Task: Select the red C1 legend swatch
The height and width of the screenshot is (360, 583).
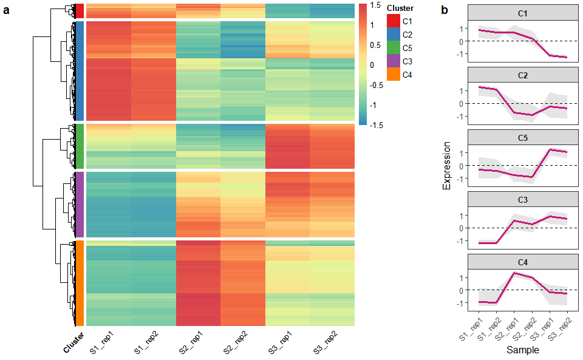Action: (x=394, y=21)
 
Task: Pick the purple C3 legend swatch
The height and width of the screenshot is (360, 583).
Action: (x=394, y=61)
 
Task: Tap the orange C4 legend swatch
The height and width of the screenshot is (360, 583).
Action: (x=394, y=75)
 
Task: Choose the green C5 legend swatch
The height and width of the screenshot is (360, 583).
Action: (x=394, y=48)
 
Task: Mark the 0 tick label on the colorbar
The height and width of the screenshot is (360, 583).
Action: (x=372, y=65)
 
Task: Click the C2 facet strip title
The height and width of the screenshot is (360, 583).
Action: (x=523, y=76)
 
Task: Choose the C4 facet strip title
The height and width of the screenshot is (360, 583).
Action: (x=523, y=262)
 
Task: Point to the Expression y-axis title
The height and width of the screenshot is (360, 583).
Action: (x=447, y=166)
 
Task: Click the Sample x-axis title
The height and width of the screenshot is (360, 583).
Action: (x=523, y=350)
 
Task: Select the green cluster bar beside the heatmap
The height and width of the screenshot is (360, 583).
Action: (x=79, y=146)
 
